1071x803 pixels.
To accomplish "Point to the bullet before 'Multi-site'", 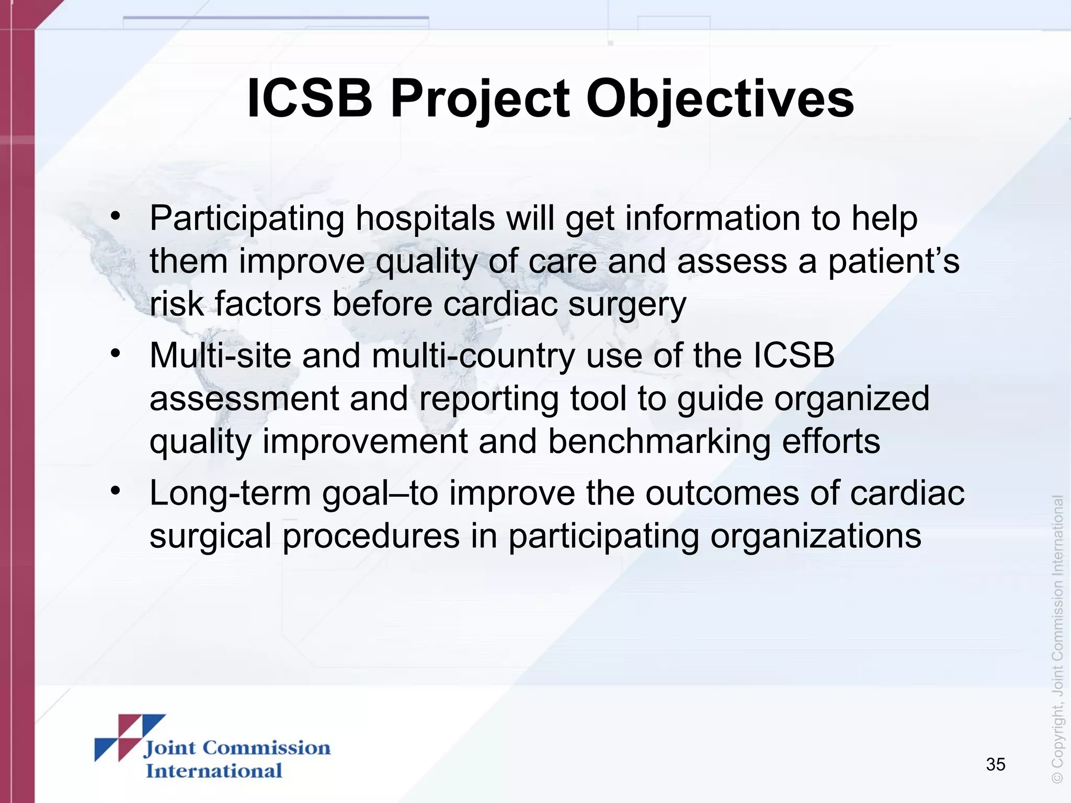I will click(x=116, y=353).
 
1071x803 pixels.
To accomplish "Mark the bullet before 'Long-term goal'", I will click(x=116, y=490).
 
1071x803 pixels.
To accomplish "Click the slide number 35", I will click(x=995, y=764).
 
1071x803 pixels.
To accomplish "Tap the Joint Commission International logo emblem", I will click(x=130, y=737).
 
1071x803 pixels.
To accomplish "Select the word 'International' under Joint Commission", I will click(x=214, y=771).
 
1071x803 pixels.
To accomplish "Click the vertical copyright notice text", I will click(x=1057, y=638).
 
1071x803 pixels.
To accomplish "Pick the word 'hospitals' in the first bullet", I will click(x=425, y=219).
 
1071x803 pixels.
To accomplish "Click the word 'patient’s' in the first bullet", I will click(x=894, y=261).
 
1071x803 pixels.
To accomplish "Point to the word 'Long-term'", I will click(x=230, y=494).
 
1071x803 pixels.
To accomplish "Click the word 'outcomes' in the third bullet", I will click(x=722, y=494).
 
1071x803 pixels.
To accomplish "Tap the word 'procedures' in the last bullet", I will click(x=371, y=537).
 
